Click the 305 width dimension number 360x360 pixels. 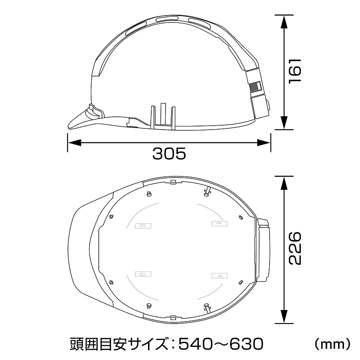click(169, 154)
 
